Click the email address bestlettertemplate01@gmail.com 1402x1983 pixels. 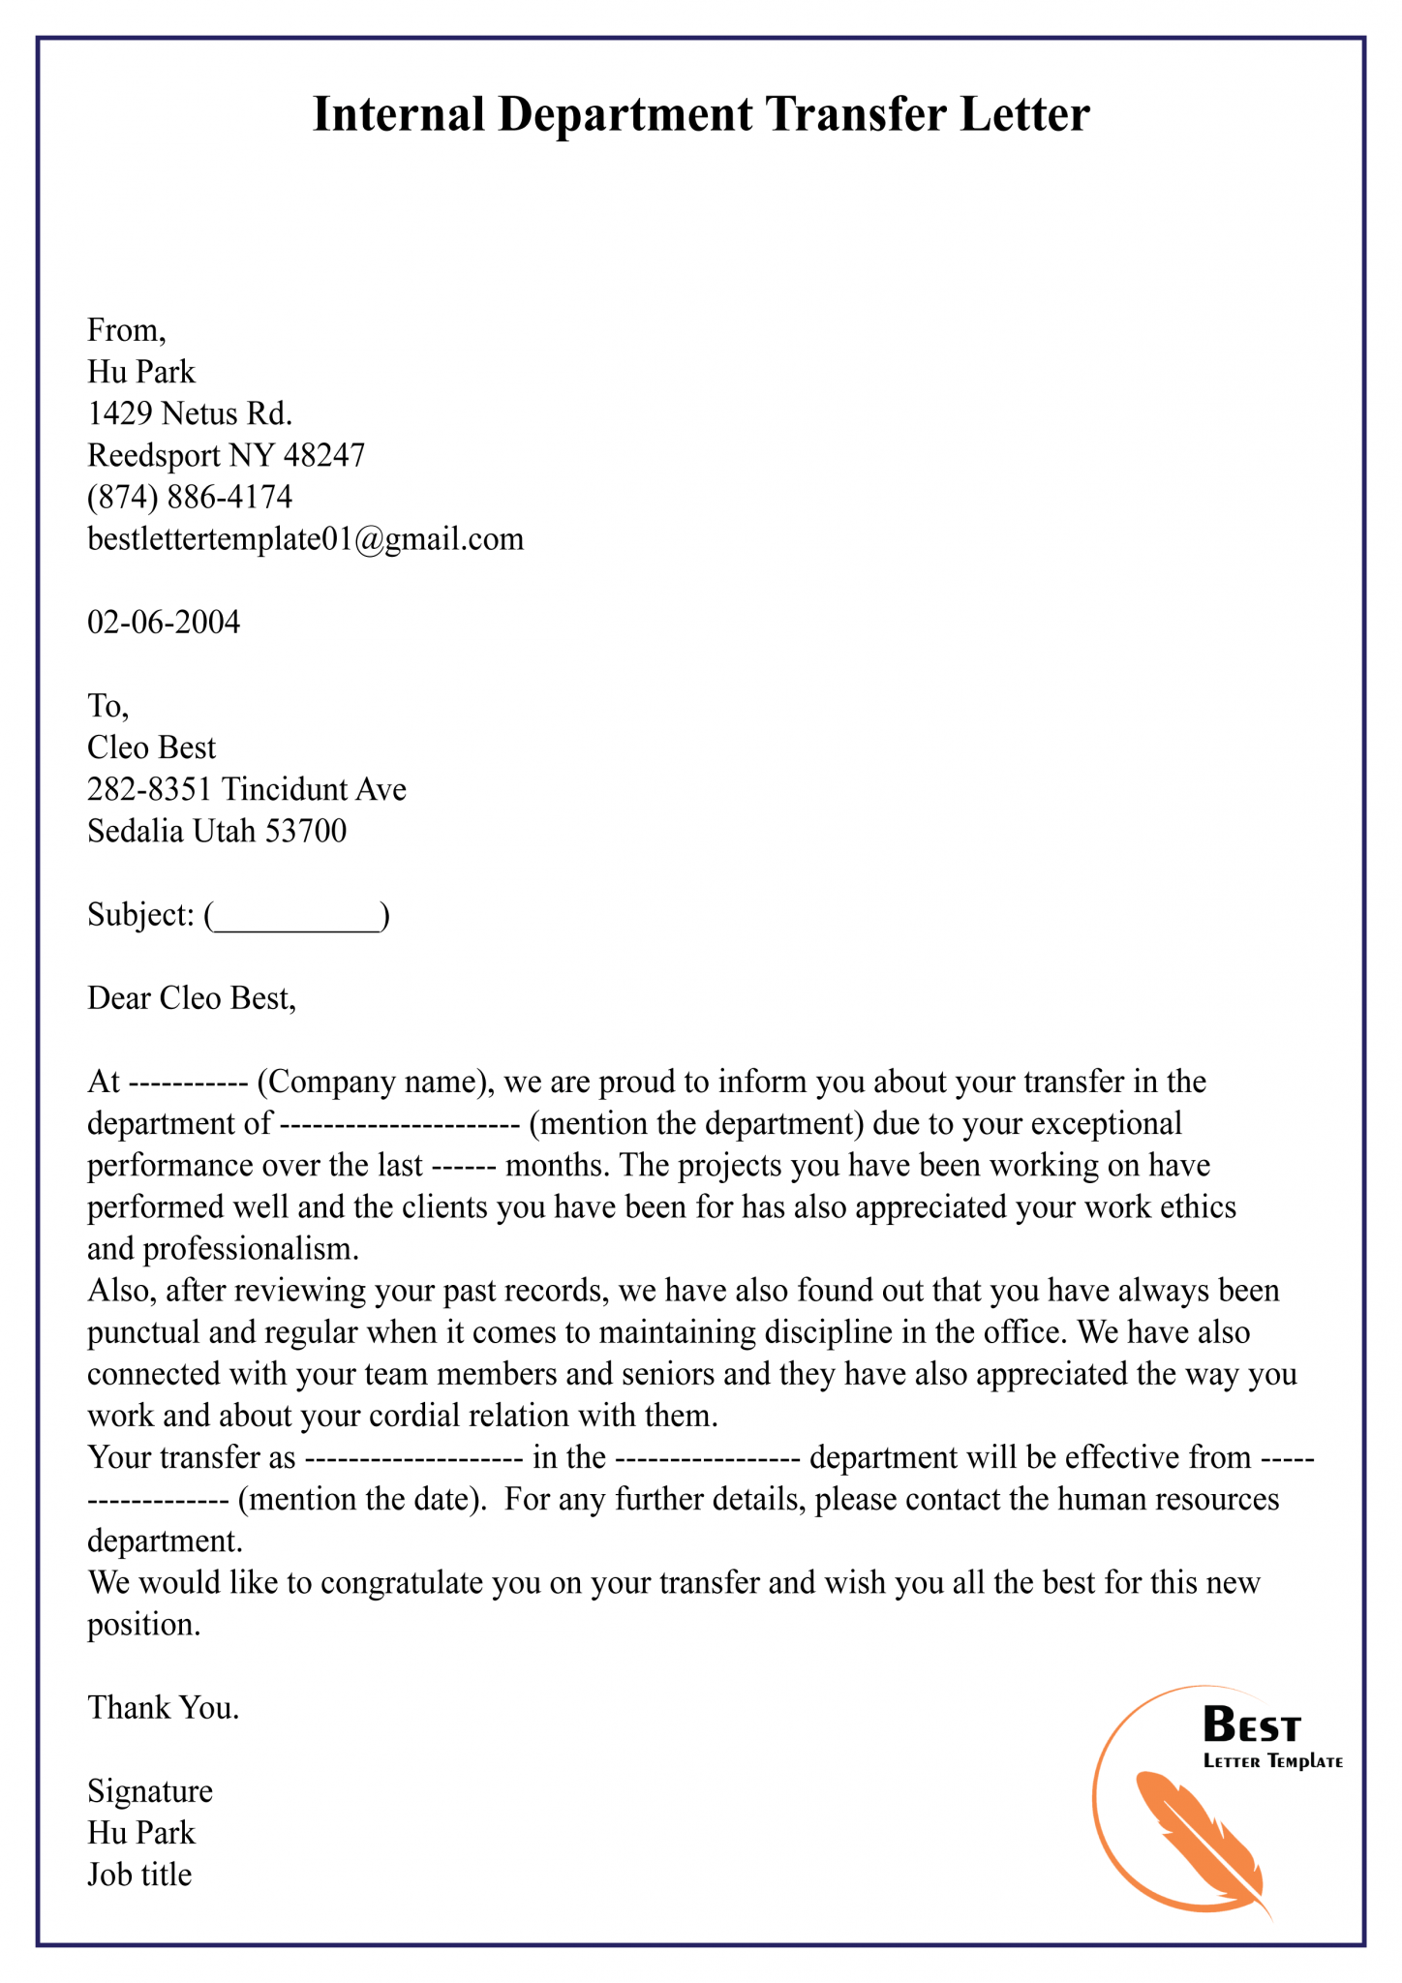pyautogui.click(x=305, y=538)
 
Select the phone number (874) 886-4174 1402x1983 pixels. pyautogui.click(x=190, y=497)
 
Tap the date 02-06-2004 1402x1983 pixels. pyautogui.click(x=164, y=622)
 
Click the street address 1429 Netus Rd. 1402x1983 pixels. pyautogui.click(x=190, y=413)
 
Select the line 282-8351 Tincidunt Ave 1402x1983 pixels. pyautogui.click(x=246, y=789)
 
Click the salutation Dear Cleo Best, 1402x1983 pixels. pyautogui.click(x=191, y=998)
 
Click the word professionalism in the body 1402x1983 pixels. pyautogui.click(x=250, y=1249)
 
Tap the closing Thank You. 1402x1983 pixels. pyautogui.click(x=163, y=1707)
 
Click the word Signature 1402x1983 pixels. pyautogui.click(x=150, y=1791)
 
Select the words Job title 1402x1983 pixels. pyautogui.click(x=139, y=1875)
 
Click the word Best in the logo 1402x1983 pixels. pyautogui.click(x=1251, y=1725)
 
